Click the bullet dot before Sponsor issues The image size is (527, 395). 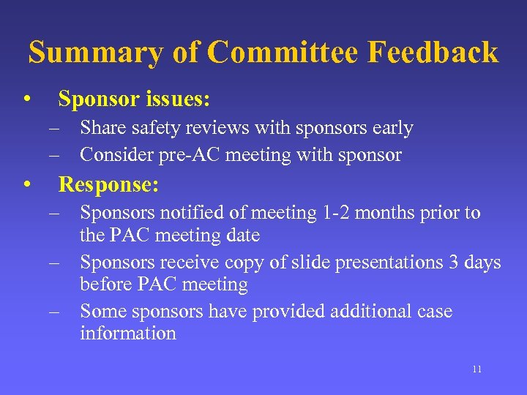point(26,99)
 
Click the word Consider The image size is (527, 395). point(113,155)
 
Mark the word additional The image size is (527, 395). point(373,312)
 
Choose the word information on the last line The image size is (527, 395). point(128,334)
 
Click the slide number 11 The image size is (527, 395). point(476,369)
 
